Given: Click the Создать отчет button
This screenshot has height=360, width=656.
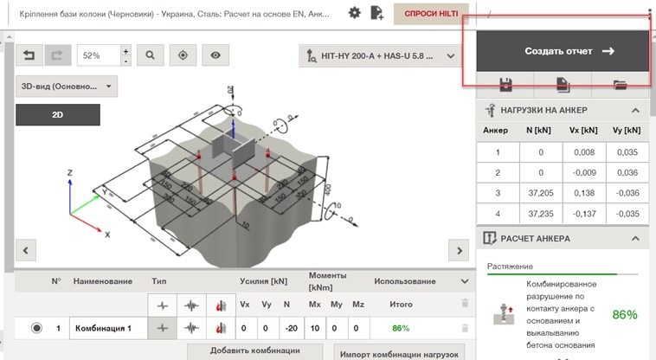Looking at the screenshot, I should [563, 51].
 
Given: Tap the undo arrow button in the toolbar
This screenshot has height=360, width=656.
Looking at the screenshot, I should [29, 55].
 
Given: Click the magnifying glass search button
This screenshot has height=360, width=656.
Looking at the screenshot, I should [150, 55].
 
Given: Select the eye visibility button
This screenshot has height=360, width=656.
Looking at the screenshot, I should [215, 55].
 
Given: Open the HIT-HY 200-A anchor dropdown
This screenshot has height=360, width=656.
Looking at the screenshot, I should [381, 57].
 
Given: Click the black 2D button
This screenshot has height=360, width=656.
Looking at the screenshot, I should [57, 114].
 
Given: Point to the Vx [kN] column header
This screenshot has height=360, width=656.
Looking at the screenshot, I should [581, 130].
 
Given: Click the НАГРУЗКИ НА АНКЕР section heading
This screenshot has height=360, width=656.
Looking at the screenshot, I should [543, 110].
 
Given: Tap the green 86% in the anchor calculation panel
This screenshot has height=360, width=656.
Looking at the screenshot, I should [623, 314].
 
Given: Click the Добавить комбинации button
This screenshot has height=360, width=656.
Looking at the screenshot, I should [255, 350].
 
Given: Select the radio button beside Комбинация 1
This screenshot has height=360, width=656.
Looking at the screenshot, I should [36, 328].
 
